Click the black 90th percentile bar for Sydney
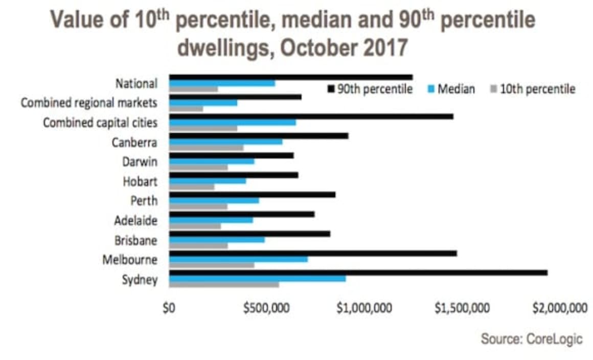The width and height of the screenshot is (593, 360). [x=358, y=273]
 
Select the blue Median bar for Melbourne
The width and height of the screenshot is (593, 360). [x=238, y=259]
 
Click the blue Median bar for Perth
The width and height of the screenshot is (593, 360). [x=214, y=200]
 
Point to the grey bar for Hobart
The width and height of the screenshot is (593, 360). [x=192, y=187]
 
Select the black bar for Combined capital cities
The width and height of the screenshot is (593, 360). [x=311, y=116]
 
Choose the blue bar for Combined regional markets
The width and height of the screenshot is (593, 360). [x=203, y=102]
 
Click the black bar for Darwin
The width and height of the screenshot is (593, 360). [x=231, y=155]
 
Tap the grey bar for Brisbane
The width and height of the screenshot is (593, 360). [x=198, y=245]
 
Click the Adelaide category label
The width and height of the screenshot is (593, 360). [x=135, y=221]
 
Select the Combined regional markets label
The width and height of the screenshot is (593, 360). [x=88, y=103]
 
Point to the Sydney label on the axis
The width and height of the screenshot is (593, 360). [x=140, y=280]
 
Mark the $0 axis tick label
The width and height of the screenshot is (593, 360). [x=169, y=308]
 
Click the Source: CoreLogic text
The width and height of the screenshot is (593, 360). [x=531, y=339]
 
